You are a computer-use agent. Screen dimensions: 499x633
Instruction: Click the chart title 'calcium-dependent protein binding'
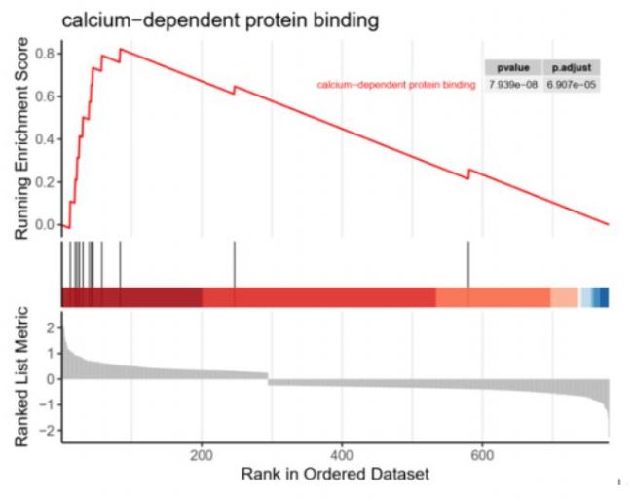pyautogui.click(x=219, y=19)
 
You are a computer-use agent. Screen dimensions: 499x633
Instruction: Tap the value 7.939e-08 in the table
pyautogui.click(x=512, y=85)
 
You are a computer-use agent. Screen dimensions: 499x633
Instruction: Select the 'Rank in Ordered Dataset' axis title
pyautogui.click(x=335, y=476)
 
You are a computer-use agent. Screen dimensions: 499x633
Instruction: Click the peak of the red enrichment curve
pyautogui.click(x=120, y=49)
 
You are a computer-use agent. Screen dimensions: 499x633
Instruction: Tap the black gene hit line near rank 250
pyautogui.click(x=234, y=264)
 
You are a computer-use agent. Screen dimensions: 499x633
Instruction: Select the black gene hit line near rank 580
pyautogui.click(x=468, y=264)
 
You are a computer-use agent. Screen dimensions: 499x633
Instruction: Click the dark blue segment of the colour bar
pyautogui.click(x=603, y=297)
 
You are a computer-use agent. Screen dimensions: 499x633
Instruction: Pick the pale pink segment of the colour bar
pyautogui.click(x=564, y=297)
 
